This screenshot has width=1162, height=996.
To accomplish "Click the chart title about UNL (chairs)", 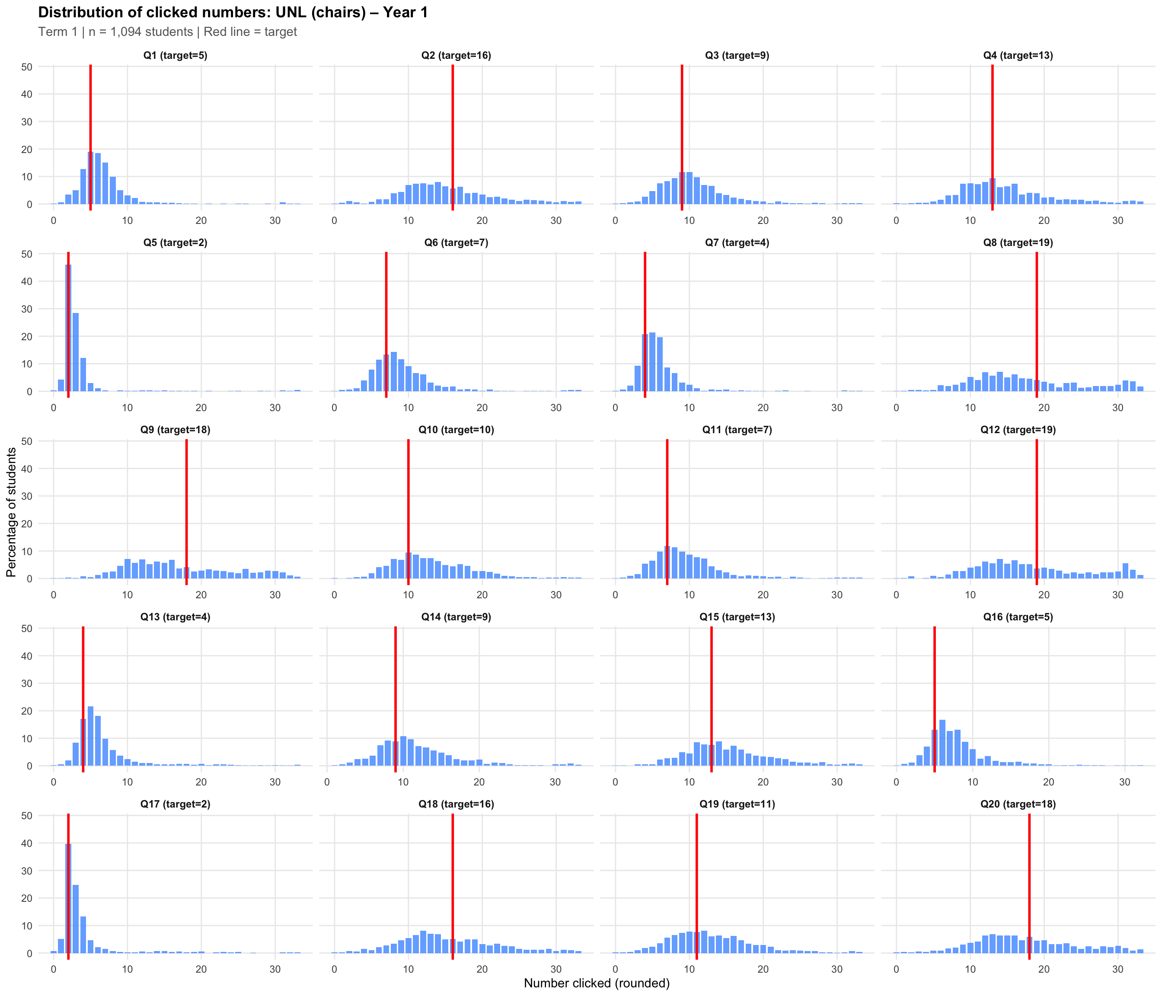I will point(233,13).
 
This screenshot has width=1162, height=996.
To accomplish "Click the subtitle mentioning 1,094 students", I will point(167,32).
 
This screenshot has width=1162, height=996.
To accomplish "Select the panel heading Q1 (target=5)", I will point(175,55).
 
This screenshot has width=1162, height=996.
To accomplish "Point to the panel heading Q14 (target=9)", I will point(456,617).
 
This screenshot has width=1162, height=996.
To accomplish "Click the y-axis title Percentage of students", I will point(11,512).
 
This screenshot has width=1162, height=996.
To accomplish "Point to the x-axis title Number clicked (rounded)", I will point(597,983).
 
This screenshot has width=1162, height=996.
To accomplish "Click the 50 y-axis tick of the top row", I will point(27,67).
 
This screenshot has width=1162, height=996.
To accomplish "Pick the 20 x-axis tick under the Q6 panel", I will point(482,408).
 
